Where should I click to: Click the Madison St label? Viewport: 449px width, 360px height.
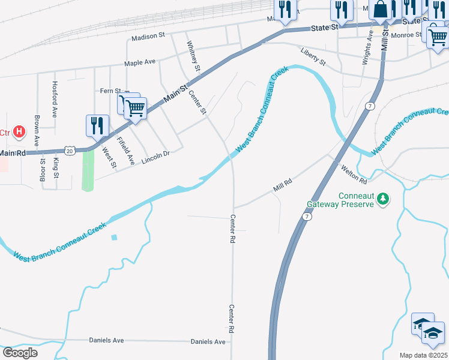(x=148, y=37)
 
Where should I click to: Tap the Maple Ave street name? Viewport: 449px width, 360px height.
(x=139, y=62)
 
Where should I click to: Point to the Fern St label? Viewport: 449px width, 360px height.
(x=110, y=91)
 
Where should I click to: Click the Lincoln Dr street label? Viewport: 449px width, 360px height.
(x=156, y=158)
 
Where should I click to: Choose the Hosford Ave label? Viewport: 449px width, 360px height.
(x=55, y=98)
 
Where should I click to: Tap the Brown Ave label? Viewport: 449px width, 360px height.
(x=37, y=131)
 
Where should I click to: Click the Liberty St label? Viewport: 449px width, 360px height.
(x=313, y=58)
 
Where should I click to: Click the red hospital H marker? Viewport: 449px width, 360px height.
(x=19, y=131)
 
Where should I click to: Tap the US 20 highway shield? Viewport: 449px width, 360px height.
(x=70, y=151)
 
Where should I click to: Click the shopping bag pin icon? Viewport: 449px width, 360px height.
(x=381, y=10)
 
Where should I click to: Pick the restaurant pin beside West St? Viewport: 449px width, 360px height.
(x=97, y=125)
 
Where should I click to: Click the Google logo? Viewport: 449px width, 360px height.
(x=20, y=353)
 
